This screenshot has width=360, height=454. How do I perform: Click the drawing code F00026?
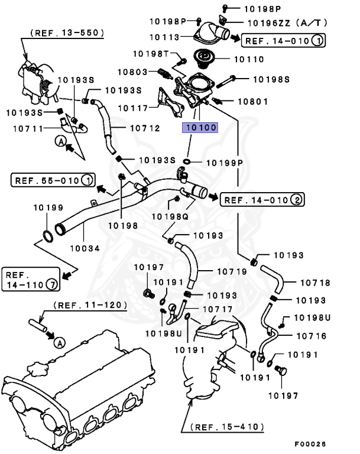[310, 443]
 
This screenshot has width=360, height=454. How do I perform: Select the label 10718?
[314, 283]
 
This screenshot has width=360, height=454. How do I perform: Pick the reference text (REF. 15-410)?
[228, 426]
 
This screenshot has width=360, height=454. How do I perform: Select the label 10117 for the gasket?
[132, 108]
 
